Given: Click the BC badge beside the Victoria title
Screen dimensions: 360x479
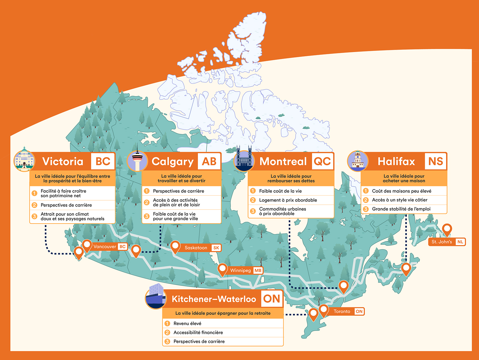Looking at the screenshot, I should point(103,162).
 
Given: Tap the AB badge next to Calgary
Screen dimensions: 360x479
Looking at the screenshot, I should point(209,162).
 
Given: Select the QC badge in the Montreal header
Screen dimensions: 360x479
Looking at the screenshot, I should point(322,162).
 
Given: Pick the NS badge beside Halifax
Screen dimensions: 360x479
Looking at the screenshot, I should point(435,162).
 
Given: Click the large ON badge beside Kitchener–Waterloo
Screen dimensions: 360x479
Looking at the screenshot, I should point(272,299).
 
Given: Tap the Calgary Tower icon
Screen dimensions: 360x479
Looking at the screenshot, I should point(137,161).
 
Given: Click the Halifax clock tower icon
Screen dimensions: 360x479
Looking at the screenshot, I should point(357,161).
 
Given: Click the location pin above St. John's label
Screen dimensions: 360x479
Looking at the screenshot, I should point(447,229).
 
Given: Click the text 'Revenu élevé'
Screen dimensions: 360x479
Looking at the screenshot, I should point(187,323).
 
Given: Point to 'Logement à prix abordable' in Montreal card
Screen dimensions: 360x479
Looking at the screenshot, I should point(288,200).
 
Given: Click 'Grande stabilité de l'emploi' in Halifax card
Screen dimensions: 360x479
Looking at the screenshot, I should point(401,209).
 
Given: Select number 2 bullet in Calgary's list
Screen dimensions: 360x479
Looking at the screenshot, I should point(147,203).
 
